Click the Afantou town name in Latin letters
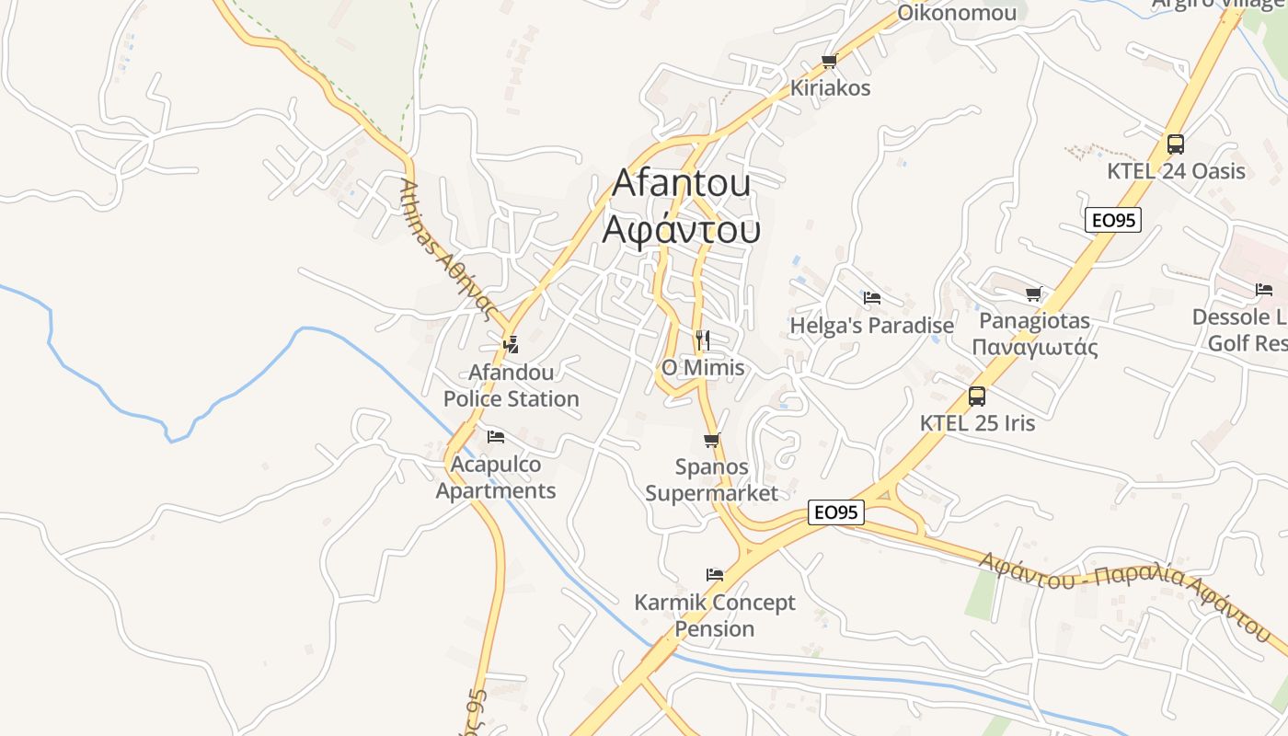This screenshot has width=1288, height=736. click(x=681, y=182)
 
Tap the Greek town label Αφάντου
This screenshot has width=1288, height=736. click(x=681, y=228)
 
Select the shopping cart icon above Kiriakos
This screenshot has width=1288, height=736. click(x=829, y=62)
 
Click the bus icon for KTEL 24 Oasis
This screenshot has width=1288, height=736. click(x=1175, y=144)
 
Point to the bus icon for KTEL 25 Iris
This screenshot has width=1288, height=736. click(x=977, y=397)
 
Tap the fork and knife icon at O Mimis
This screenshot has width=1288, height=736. click(x=703, y=340)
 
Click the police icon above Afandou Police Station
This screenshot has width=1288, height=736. click(x=511, y=345)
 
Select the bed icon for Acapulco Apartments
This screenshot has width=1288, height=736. click(x=496, y=436)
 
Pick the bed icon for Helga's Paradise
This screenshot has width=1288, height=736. click(x=871, y=298)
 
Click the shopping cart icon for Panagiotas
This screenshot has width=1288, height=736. click(x=1034, y=294)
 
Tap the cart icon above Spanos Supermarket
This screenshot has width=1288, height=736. click(x=711, y=440)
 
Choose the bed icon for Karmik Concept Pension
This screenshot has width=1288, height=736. click(x=714, y=575)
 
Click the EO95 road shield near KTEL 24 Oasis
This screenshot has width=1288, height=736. click(x=1113, y=220)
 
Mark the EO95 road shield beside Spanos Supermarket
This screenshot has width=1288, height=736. click(x=836, y=512)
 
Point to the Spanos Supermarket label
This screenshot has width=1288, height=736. click(x=711, y=479)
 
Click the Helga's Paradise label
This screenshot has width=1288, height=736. click(x=871, y=326)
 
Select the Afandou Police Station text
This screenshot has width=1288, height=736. click(x=512, y=385)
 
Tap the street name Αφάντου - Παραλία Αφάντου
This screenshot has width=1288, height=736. click(x=1124, y=592)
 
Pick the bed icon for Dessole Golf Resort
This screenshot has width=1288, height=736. click(x=1264, y=290)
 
